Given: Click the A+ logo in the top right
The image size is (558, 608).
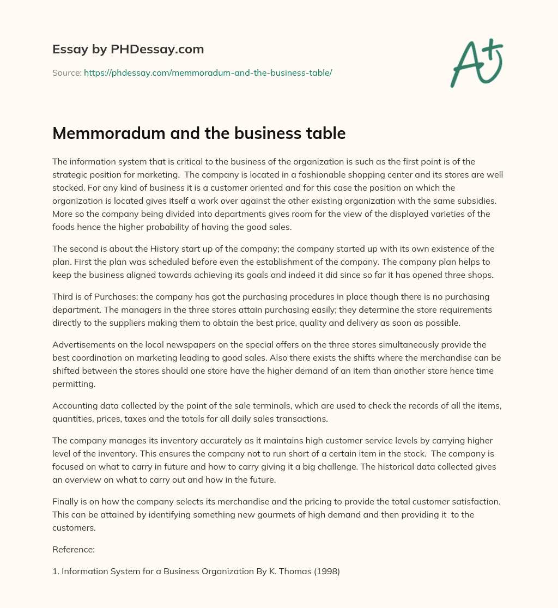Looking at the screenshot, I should tap(476, 63).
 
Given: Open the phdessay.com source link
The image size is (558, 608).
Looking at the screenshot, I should tap(208, 72).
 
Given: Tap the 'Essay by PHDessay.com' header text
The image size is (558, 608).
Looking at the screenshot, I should tap(128, 50).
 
